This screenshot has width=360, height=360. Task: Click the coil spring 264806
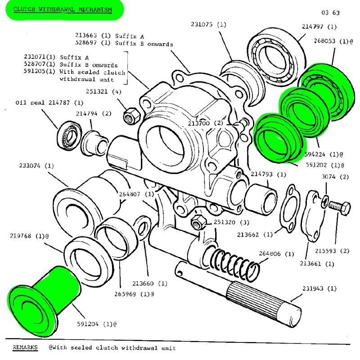point(234,264)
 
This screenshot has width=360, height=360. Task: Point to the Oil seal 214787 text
point(49,103)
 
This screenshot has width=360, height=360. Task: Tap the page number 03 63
point(331,13)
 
